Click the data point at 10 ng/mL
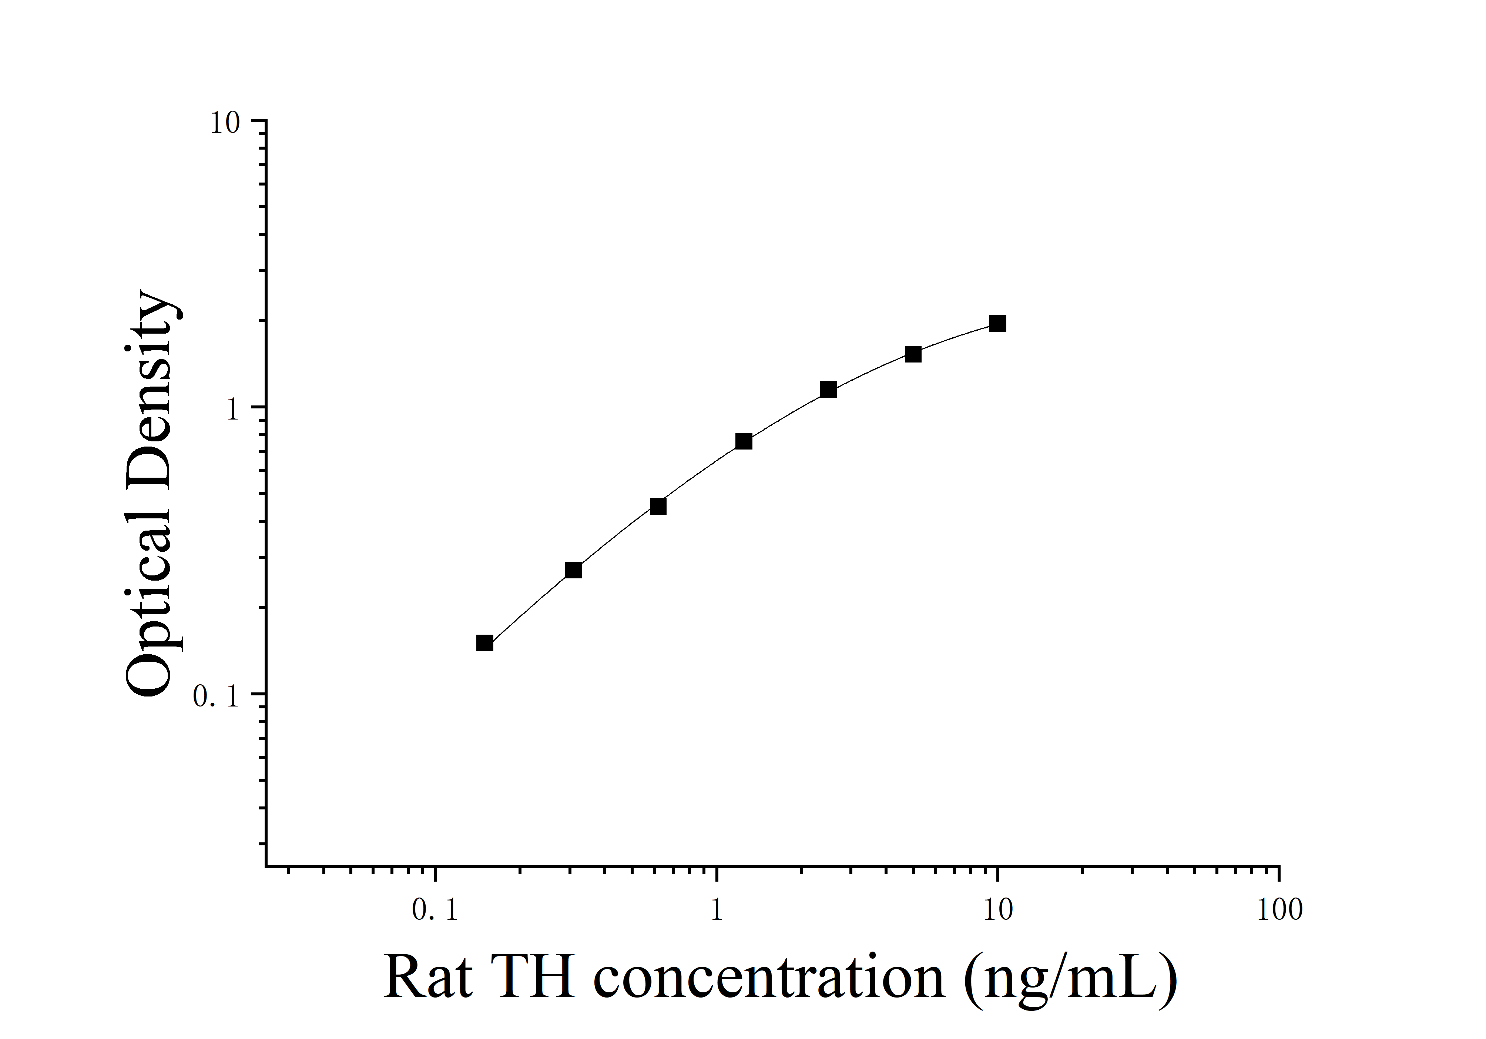pos(997,323)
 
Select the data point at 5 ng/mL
pos(913,354)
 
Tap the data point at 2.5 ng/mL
pos(828,390)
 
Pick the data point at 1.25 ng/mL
pos(744,441)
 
